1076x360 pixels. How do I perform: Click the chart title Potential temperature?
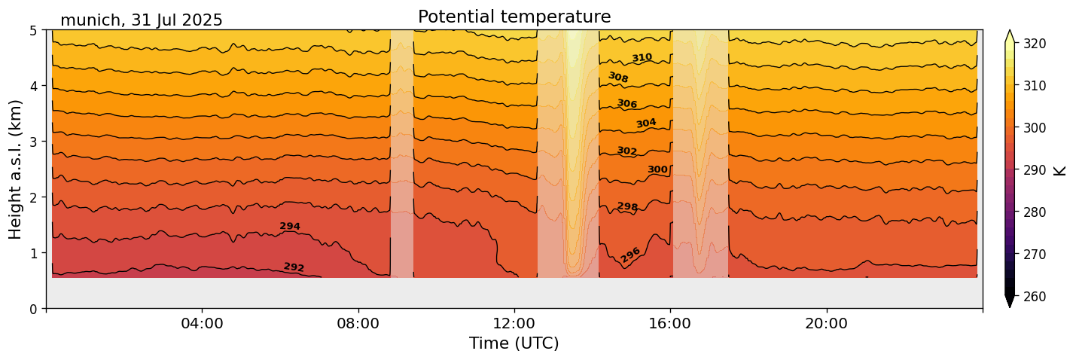[x=514, y=17]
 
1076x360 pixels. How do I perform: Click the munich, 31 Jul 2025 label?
[x=142, y=20]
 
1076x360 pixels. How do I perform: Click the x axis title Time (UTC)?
[x=514, y=343]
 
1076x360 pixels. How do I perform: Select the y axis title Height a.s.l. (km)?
[x=16, y=169]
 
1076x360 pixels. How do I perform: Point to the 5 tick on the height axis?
[x=33, y=31]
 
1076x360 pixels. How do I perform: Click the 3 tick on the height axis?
[x=33, y=142]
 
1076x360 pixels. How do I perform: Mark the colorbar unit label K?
[x=1061, y=170]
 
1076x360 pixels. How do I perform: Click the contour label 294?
[x=290, y=226]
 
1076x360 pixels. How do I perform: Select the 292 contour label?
[x=294, y=267]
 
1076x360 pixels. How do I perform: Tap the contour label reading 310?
[x=642, y=58]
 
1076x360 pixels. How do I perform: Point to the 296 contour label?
[x=630, y=255]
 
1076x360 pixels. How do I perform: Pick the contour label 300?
[x=657, y=169]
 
